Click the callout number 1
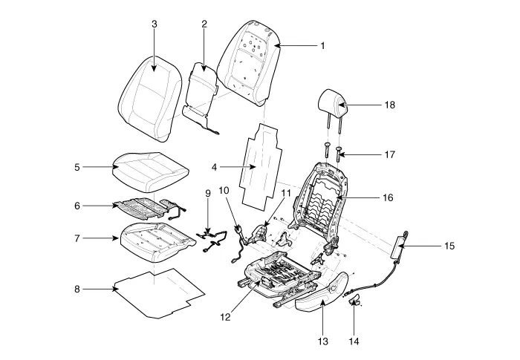tap(322, 46)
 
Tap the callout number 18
tap(389, 105)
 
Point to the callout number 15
tap(448, 246)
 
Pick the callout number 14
tap(353, 341)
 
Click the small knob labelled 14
tap(354, 300)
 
